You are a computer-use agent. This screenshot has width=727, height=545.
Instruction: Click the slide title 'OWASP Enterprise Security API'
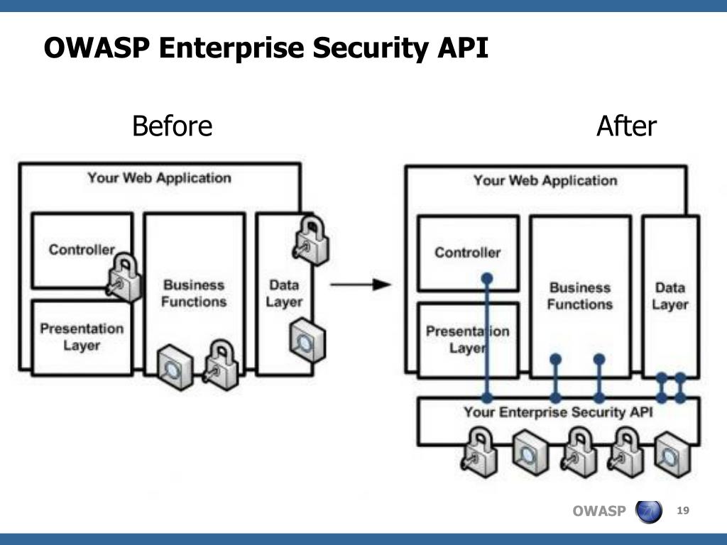266,49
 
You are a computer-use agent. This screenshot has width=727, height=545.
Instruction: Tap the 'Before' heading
173,127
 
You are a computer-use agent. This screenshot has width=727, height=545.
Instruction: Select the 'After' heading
626,127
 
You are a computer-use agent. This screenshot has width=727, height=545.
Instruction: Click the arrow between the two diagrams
360,285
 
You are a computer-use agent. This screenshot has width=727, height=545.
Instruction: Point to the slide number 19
684,511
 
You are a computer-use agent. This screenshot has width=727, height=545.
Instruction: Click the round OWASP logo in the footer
649,511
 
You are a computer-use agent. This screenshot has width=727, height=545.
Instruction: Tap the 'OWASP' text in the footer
598,512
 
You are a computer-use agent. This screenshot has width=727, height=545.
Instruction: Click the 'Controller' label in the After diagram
467,253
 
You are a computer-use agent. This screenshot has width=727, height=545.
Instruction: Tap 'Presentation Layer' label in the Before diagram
82,337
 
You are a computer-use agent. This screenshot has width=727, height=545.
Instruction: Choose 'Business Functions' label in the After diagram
580,296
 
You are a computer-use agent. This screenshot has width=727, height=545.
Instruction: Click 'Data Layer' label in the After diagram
670,296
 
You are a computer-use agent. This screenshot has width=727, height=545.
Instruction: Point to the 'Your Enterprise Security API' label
558,412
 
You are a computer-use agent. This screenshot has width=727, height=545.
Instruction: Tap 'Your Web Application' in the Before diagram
159,177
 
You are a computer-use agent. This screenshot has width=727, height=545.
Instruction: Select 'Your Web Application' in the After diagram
545,180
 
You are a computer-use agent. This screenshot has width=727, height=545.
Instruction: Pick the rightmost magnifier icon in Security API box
669,451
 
